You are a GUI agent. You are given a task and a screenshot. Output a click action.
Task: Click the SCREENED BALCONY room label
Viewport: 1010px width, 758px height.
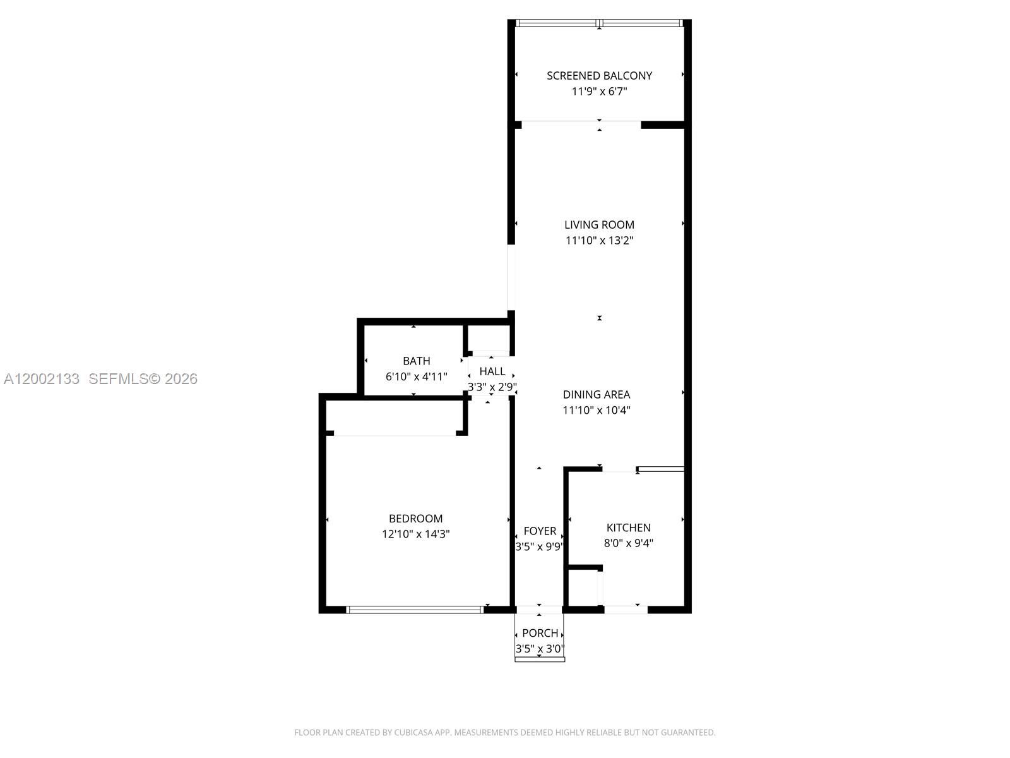[599, 75]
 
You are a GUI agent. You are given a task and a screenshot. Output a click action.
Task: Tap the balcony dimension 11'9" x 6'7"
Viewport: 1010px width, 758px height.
[599, 91]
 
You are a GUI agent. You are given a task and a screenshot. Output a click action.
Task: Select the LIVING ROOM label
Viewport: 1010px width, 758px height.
[599, 225]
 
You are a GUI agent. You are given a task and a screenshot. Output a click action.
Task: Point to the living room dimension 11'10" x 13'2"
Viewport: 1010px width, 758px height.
[599, 240]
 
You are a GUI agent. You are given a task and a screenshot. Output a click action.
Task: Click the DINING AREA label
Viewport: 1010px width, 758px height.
[597, 394]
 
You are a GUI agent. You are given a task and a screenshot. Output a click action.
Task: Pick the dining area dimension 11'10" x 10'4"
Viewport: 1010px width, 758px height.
[597, 410]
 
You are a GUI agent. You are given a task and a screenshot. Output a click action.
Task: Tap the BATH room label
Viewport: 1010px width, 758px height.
[417, 361]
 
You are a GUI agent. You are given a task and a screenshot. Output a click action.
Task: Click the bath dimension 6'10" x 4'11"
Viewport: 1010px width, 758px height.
[417, 376]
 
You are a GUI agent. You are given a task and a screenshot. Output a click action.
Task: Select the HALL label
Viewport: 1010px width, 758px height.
[492, 371]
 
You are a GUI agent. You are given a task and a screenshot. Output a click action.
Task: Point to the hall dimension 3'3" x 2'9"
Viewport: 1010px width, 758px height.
[492, 387]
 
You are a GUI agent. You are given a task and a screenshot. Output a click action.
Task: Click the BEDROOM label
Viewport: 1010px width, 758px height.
[415, 519]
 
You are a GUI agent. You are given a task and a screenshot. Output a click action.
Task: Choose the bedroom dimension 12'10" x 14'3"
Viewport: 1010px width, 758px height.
[415, 534]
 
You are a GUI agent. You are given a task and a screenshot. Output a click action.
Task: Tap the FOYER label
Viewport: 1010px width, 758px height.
[540, 531]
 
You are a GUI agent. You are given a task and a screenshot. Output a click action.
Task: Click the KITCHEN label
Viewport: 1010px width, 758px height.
[629, 528]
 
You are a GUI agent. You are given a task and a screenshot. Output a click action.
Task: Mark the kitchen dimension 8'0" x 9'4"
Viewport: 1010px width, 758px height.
[629, 543]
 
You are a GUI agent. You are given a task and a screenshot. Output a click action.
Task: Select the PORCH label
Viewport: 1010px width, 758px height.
[540, 634]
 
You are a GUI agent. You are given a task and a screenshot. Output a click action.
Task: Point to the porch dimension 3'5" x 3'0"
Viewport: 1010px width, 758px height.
[540, 649]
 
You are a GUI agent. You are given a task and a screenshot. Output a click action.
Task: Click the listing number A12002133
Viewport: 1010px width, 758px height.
[42, 379]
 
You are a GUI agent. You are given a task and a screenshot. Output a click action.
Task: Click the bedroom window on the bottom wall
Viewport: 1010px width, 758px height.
[415, 610]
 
